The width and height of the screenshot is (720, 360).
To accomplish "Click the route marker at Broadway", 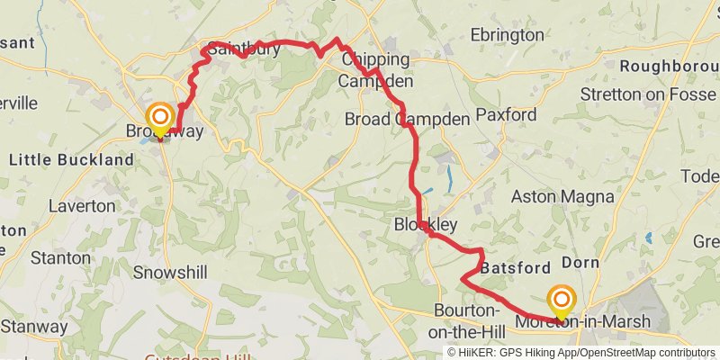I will coord(161,118).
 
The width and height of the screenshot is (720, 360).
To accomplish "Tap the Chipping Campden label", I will coord(374,70).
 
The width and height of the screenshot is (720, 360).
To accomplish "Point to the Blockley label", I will coord(426,224).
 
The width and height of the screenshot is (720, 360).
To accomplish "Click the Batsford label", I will coord(515,268).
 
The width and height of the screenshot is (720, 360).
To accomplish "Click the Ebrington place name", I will coord(508,35).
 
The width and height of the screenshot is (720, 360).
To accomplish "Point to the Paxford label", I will coord(506,114).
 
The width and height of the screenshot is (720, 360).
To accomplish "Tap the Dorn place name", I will coord(580,263).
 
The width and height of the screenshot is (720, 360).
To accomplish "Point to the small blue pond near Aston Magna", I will coord(648,238).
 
